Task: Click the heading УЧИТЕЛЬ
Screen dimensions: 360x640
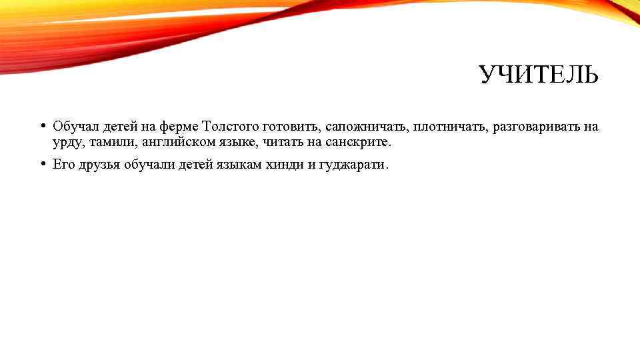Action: [x=539, y=76]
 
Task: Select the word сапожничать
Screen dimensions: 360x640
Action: [x=365, y=127]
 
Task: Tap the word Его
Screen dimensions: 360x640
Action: [x=63, y=165]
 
